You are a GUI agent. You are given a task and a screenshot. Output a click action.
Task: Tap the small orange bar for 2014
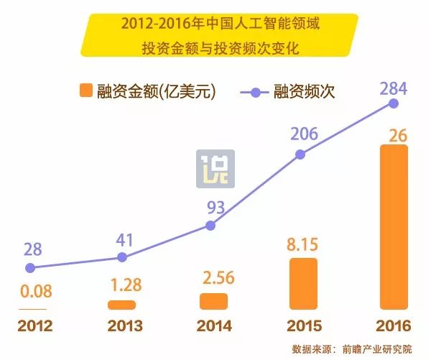tap(213, 301)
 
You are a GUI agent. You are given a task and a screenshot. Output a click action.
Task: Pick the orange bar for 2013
tap(121, 305)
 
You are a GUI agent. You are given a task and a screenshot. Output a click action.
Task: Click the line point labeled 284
tap(393, 103)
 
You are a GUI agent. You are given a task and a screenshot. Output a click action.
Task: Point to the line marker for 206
tap(302, 153)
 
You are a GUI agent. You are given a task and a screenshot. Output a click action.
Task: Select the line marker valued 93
tap(210, 225)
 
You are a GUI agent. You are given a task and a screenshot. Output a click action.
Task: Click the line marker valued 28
tap(29, 268)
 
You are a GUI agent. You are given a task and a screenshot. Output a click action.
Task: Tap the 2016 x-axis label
tap(393, 324)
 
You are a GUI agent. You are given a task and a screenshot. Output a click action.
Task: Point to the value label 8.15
tap(302, 244)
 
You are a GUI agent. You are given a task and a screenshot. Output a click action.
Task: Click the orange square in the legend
tap(86, 91)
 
